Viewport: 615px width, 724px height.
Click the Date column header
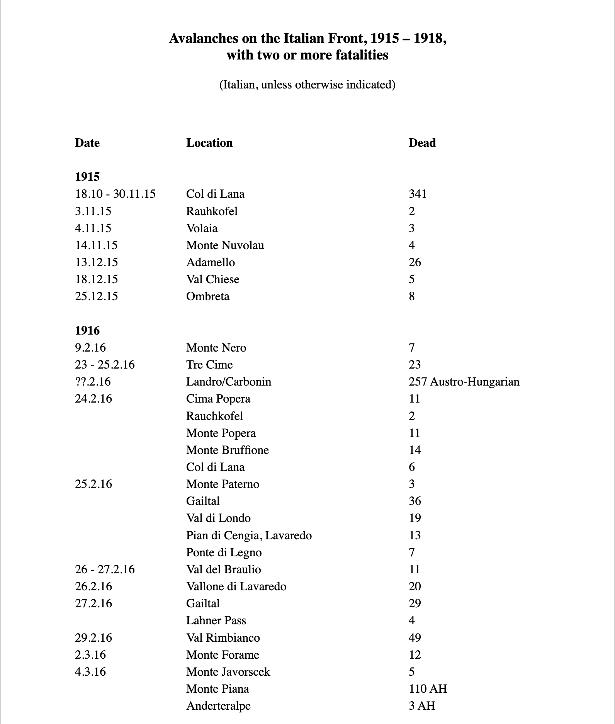87,143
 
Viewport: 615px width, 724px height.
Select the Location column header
209,143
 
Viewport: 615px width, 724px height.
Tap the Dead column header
422,143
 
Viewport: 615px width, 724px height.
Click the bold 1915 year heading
87,177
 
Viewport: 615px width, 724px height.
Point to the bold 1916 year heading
87,331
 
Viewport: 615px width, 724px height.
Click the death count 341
418,194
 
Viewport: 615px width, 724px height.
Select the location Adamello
211,262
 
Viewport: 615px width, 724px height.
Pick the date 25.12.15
97,296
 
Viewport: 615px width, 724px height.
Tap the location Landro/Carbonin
229,382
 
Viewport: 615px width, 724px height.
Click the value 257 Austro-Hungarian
464,382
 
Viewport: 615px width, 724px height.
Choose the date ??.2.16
93,382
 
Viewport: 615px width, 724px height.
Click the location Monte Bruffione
228,450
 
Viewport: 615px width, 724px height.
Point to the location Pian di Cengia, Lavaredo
249,535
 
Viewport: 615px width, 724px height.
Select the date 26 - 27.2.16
105,569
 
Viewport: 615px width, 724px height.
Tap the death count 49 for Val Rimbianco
415,638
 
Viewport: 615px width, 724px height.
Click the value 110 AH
428,689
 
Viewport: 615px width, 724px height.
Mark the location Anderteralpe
218,706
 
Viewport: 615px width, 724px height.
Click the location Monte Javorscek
228,672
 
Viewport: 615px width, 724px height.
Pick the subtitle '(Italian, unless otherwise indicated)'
307,85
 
